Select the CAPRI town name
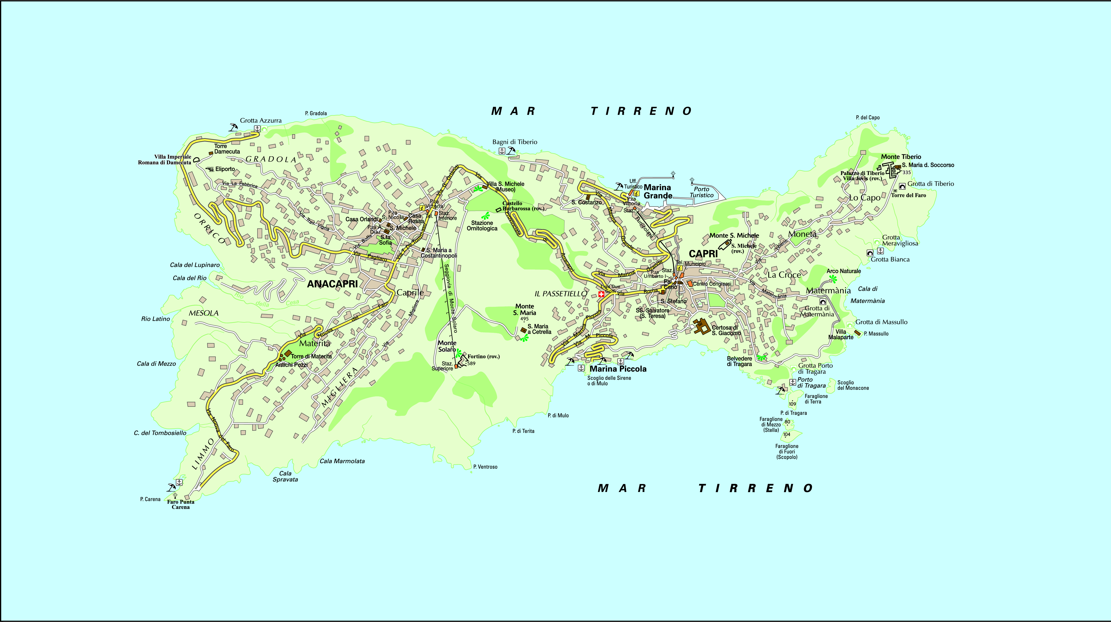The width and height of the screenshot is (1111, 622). [x=703, y=254]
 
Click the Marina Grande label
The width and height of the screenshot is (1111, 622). [x=658, y=191]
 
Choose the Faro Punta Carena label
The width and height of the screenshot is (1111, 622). [x=181, y=504]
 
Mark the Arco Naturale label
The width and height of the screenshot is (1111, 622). [x=843, y=271]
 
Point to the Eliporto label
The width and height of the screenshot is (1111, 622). [x=225, y=169]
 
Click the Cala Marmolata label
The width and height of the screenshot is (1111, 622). [x=342, y=461]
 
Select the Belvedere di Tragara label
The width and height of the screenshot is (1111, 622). [x=739, y=361]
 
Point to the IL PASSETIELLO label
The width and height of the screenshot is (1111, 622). [x=561, y=294]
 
